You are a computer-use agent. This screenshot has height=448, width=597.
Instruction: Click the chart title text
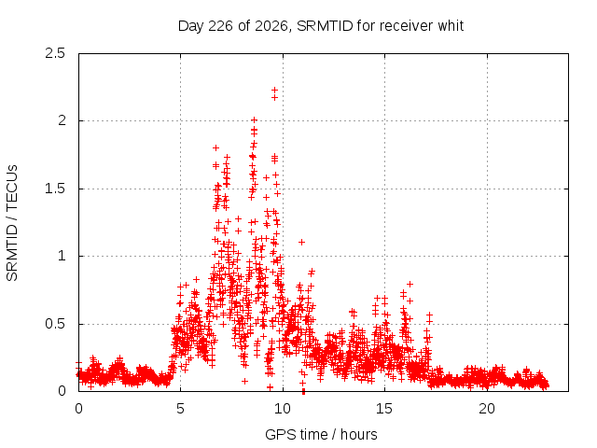[321, 26]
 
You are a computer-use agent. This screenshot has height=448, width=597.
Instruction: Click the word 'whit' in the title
[451, 26]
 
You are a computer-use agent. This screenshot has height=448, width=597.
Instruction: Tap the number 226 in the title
[221, 26]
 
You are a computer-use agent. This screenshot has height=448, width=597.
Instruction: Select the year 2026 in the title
[271, 26]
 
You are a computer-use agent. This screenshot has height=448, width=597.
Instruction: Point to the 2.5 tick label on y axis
[55, 53]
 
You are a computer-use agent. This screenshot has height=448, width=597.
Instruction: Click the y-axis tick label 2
[62, 120]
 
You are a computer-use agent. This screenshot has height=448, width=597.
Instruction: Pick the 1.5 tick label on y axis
[55, 189]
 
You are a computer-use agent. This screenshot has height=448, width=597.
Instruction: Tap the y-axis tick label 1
[62, 256]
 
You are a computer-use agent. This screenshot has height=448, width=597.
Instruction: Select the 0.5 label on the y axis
[55, 324]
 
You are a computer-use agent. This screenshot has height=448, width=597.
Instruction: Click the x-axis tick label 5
[180, 409]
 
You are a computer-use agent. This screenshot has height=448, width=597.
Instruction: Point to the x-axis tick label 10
[283, 409]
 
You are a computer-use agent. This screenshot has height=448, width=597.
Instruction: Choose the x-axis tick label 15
[384, 409]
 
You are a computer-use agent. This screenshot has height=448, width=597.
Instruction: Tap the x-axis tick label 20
[487, 409]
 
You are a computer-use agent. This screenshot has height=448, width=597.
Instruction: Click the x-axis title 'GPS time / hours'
[321, 435]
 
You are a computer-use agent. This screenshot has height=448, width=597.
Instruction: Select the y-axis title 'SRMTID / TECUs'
[12, 223]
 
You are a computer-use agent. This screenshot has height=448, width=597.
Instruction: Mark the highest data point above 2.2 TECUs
[274, 91]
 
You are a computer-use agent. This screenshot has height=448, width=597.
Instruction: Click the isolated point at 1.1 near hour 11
[301, 243]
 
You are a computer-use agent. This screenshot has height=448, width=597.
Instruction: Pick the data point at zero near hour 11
[303, 391]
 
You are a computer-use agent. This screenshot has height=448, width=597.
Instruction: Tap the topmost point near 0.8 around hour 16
[410, 284]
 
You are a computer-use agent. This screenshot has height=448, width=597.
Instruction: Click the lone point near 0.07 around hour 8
[244, 381]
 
